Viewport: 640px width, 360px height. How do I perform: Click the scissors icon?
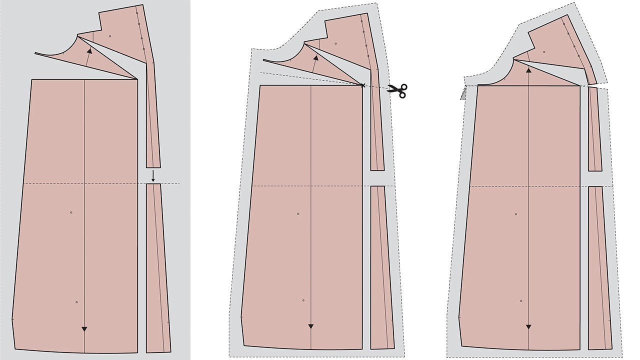pos(398,90)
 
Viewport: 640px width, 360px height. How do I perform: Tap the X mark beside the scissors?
pos(363,85)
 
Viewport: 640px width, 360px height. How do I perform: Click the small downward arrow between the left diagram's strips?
pos(153,176)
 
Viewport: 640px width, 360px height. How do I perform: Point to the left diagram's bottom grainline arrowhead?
pos(84,328)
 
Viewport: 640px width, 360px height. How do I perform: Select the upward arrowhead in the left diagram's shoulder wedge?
pos(89,50)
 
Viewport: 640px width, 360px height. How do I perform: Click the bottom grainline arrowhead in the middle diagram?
pos(311,326)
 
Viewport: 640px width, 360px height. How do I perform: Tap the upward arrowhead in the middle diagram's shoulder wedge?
pos(315,58)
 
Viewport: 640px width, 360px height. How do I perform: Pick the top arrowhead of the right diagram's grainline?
pos(528,70)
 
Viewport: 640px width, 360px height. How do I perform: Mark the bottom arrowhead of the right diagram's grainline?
pos(528,327)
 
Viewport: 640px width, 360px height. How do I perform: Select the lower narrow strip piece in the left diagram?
pos(157,267)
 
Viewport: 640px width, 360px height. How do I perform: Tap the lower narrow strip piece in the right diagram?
pos(599,267)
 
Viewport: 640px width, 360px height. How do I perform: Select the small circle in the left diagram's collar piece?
pos(110,36)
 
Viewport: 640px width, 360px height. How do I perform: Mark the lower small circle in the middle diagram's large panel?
pos(303,300)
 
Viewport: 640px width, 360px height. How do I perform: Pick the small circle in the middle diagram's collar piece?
pos(336,44)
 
